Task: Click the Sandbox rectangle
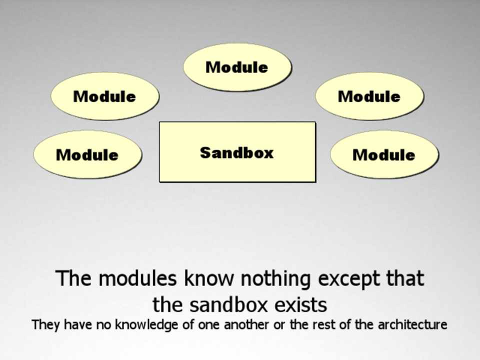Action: tap(237, 152)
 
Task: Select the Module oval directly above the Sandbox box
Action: tap(237, 67)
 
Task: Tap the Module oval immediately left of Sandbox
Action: tap(87, 154)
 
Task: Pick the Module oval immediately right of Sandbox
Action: tap(384, 154)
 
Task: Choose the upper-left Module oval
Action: tap(105, 96)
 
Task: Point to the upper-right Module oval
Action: tap(369, 96)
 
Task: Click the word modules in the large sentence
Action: tap(138, 278)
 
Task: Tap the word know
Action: tap(209, 278)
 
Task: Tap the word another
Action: tap(246, 324)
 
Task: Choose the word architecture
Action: tap(412, 324)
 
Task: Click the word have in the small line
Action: tap(77, 324)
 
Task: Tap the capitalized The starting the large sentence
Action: tap(73, 278)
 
